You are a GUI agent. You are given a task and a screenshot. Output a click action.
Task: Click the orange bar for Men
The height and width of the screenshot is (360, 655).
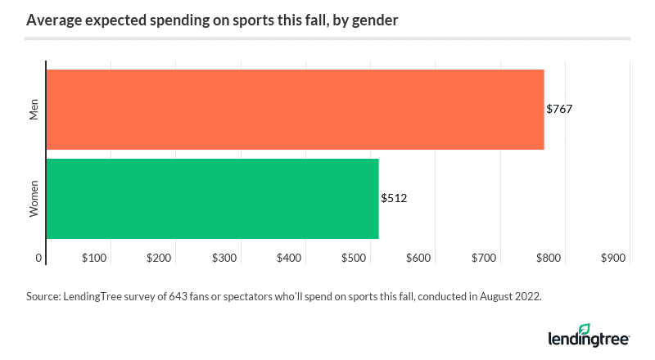click(x=295, y=110)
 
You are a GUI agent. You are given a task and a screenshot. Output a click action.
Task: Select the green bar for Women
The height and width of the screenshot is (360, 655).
click(x=212, y=198)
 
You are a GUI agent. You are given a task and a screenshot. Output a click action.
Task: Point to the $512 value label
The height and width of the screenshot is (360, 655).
click(x=394, y=198)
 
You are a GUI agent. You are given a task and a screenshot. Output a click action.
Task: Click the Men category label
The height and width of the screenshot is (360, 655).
click(x=34, y=110)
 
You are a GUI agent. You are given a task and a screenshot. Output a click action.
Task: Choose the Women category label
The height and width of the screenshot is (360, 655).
click(x=34, y=198)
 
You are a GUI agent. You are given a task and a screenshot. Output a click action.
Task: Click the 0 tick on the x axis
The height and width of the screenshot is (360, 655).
click(x=38, y=259)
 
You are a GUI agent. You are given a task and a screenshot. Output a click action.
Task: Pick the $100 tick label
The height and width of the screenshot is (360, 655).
click(x=94, y=259)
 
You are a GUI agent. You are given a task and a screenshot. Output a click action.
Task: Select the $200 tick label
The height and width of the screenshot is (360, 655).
click(x=159, y=259)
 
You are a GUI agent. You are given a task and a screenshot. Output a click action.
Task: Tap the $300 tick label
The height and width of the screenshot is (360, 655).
click(x=224, y=259)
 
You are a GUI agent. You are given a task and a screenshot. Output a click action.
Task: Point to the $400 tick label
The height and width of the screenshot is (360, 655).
click(x=289, y=259)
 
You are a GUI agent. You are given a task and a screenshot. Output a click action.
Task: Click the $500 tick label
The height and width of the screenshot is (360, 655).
click(x=354, y=259)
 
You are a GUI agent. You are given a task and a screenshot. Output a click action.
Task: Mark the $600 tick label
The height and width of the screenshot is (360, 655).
click(x=418, y=259)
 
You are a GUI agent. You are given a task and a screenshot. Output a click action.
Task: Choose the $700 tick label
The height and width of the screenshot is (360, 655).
click(x=484, y=259)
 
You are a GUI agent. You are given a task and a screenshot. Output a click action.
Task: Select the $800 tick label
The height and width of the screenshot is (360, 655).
click(x=549, y=259)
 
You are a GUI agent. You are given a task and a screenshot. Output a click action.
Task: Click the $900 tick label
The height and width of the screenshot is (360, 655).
click(x=613, y=259)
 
